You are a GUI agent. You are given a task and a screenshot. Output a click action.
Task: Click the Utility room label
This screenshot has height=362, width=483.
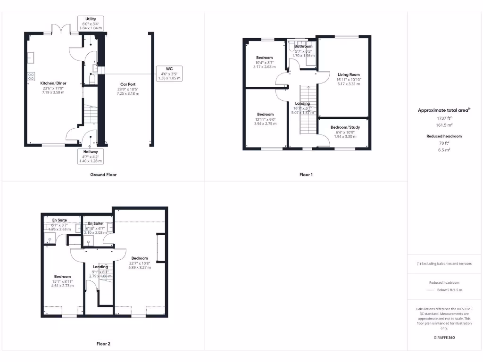pyautogui.click(x=91, y=19)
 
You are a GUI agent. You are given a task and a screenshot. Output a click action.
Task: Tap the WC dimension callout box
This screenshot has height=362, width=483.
pyautogui.click(x=169, y=74)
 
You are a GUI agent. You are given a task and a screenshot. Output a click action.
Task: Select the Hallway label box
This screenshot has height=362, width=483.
pyautogui.click(x=91, y=152)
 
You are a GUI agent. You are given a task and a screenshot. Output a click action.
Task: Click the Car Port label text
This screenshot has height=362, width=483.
pyautogui.click(x=128, y=84)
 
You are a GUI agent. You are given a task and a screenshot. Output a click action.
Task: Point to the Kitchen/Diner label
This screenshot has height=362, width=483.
pyautogui.click(x=52, y=83)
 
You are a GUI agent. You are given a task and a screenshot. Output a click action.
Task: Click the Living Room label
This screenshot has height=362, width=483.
pyautogui.click(x=348, y=74)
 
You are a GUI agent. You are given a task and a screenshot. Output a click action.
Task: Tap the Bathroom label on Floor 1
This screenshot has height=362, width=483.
pyautogui.click(x=303, y=46)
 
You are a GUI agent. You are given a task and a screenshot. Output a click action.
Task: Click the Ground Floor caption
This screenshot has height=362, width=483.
pyautogui.click(x=103, y=174)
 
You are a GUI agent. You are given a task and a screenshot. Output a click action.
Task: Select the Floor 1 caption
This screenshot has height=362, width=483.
pyautogui.click(x=306, y=174)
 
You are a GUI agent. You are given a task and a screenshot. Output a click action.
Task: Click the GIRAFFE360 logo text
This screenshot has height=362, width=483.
pyautogui.click(x=444, y=337)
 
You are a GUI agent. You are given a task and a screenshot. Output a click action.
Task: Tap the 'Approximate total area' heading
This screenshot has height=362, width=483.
pyautogui.click(x=443, y=110)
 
